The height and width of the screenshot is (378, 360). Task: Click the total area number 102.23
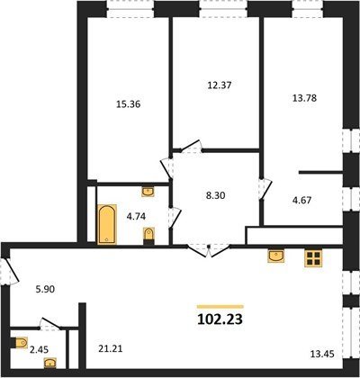[x=220, y=319]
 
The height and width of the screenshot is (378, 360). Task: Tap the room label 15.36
[x=129, y=104]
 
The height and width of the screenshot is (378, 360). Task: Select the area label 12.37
[x=220, y=85]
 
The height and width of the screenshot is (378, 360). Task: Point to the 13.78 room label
[x=304, y=98]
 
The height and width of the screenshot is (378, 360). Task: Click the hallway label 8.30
[x=216, y=195]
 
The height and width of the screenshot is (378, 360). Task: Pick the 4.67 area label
[x=301, y=200]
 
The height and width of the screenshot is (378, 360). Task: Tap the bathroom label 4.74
[x=136, y=216]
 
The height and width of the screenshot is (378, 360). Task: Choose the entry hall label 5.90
[x=45, y=290]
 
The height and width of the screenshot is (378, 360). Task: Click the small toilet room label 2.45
[x=39, y=349]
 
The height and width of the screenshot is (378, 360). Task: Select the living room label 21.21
[x=111, y=349]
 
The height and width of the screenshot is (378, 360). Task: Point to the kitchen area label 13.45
[x=322, y=355]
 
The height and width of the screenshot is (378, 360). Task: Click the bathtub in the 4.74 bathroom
[x=107, y=224]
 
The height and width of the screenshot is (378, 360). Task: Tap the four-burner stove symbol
[x=313, y=258]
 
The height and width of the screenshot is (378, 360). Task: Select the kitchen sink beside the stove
[x=276, y=256]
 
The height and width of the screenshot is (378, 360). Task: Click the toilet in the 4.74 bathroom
[x=148, y=236]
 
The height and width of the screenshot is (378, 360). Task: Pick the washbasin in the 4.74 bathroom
[x=148, y=192]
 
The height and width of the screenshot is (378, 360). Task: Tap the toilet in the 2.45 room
[x=19, y=343]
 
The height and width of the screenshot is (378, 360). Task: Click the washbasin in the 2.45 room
[x=49, y=364]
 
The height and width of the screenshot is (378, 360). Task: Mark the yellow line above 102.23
[x=220, y=307]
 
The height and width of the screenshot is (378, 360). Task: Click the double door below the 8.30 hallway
[x=209, y=251]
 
